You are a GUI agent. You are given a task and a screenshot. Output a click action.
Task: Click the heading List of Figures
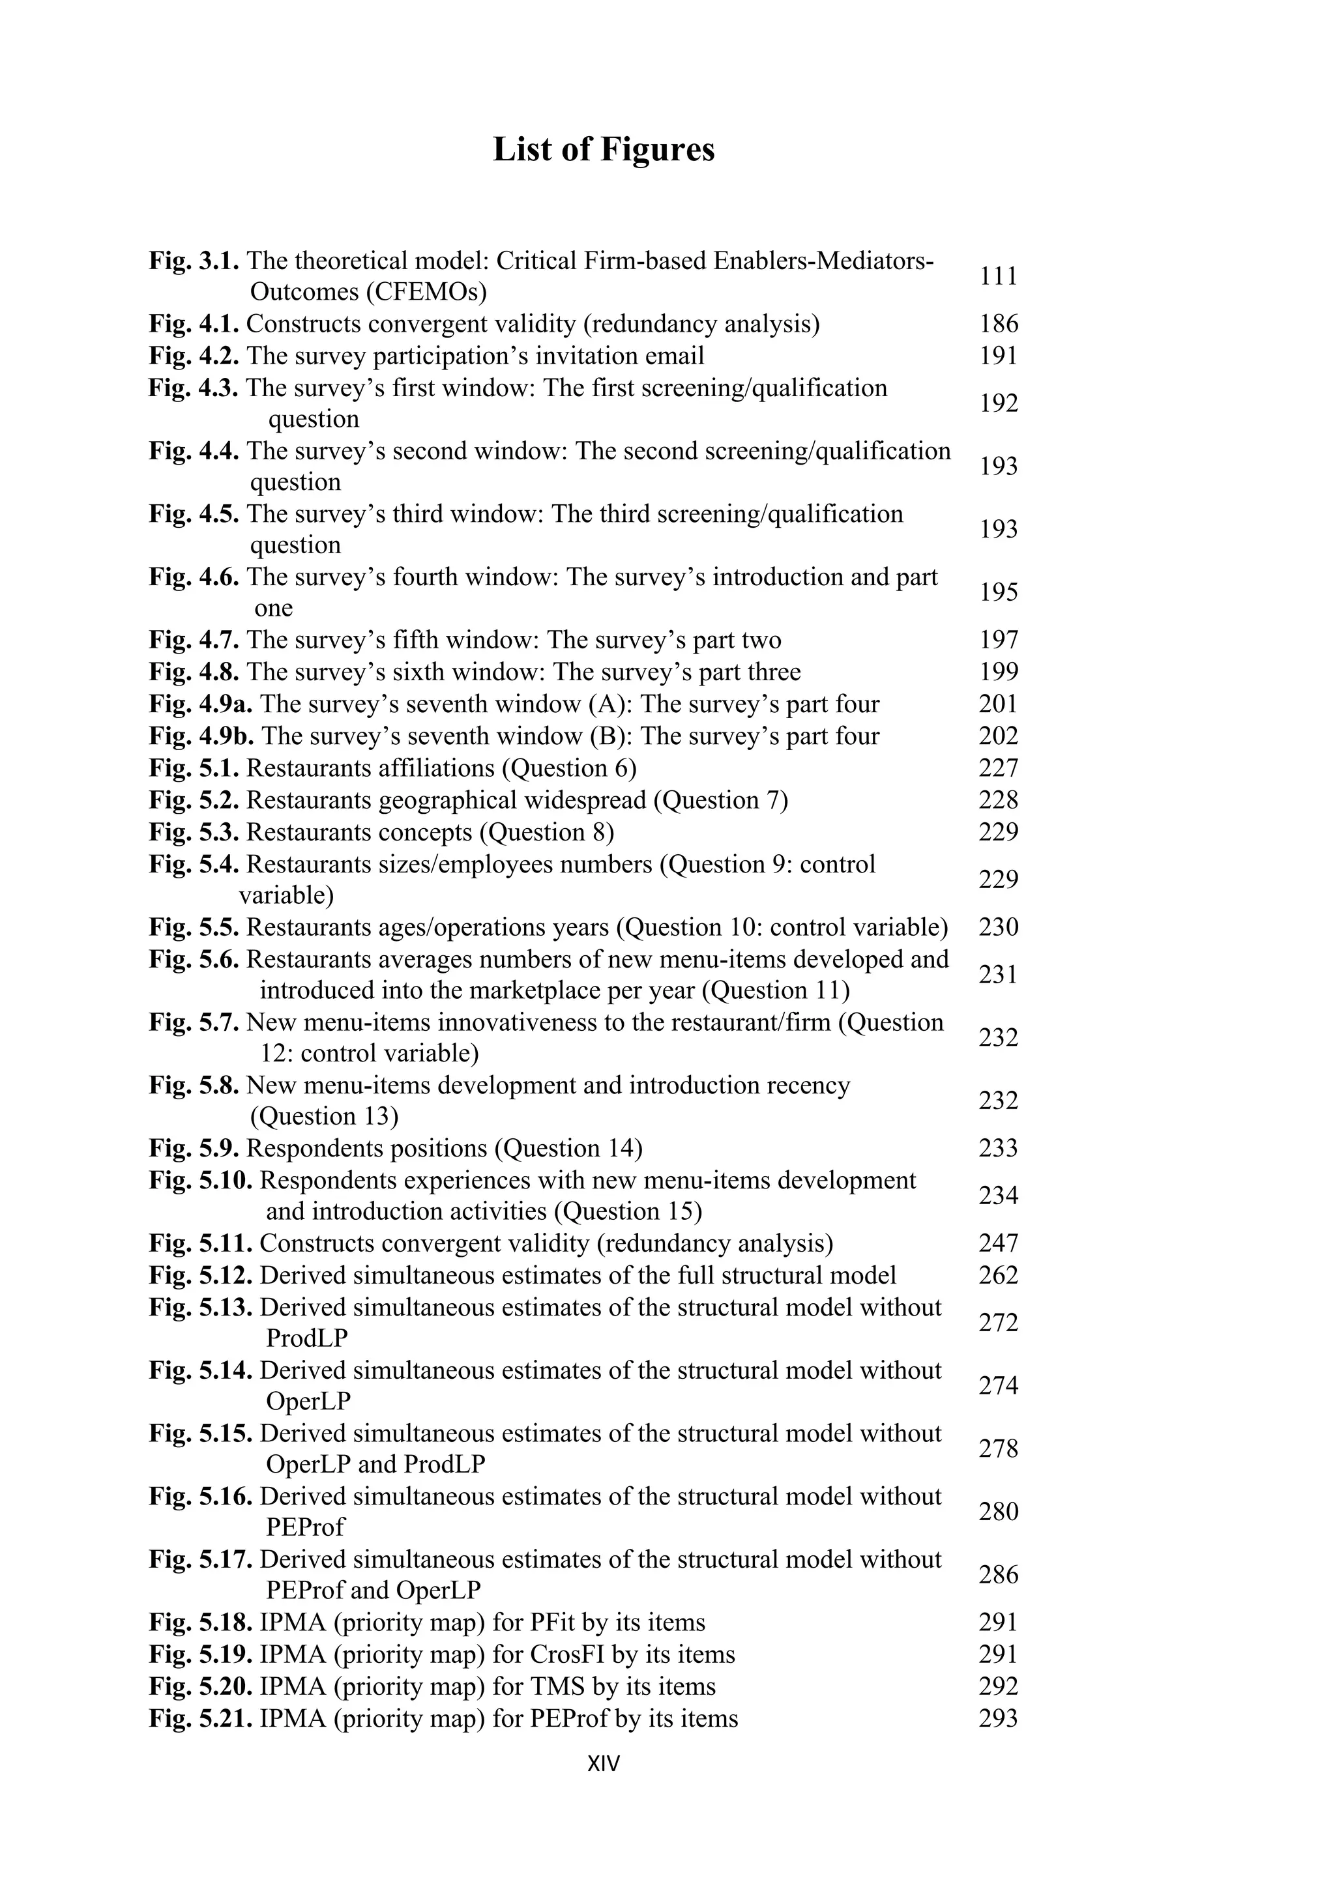tap(604, 150)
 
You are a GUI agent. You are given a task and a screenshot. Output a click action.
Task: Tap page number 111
tap(998, 276)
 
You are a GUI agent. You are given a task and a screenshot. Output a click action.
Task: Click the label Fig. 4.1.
tap(194, 324)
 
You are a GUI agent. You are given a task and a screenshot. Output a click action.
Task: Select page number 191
tap(998, 356)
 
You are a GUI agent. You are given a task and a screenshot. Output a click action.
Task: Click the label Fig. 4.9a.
tap(201, 704)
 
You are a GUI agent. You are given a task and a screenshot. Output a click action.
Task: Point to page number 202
tap(998, 736)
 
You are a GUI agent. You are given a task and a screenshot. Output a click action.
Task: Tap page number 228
tap(998, 801)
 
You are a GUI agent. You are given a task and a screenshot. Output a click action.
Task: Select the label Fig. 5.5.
tap(194, 928)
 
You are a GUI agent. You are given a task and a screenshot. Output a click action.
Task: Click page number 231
tap(998, 975)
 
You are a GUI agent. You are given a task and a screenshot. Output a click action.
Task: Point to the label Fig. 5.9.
tap(194, 1148)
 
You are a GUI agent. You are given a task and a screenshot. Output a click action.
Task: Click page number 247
tap(998, 1243)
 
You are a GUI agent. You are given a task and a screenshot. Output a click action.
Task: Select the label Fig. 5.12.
tap(201, 1276)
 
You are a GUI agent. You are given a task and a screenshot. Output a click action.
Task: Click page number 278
tap(998, 1449)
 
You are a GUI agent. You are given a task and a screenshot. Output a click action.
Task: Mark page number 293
tap(998, 1718)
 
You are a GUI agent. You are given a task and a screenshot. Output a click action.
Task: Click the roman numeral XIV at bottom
tap(604, 1764)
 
